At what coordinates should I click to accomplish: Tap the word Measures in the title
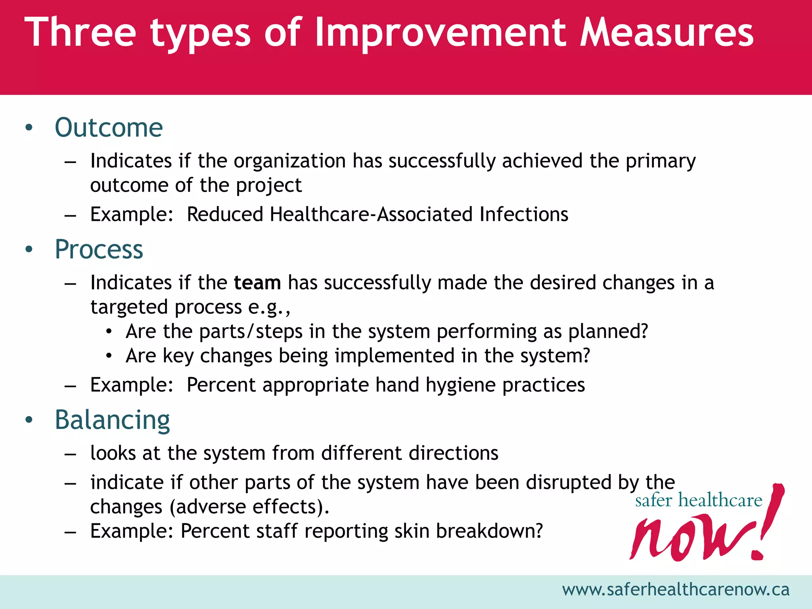coord(666,33)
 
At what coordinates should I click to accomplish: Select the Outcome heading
coord(109,128)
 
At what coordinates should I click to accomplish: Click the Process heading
coord(99,249)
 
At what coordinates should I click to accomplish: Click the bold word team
coord(257,283)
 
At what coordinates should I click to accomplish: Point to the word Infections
coord(524,214)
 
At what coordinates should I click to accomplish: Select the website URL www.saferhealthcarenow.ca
coord(676,590)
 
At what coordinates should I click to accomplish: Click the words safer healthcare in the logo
coord(699,500)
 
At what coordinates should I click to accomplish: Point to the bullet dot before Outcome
coord(29,128)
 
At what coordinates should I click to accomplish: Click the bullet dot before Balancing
coord(29,420)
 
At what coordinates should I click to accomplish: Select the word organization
coord(290,161)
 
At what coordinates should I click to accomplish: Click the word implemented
coord(395,356)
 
